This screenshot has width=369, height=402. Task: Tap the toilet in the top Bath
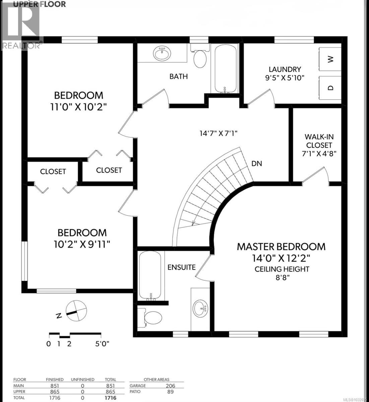200,59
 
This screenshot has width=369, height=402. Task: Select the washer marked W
330,59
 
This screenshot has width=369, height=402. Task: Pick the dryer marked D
330,88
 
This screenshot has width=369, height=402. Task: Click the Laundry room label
285,69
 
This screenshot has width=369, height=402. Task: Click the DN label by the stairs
257,163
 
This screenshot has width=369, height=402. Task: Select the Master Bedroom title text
281,247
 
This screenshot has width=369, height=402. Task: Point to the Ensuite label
181,267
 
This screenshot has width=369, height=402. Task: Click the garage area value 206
170,386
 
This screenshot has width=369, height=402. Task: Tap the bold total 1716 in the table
110,398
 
